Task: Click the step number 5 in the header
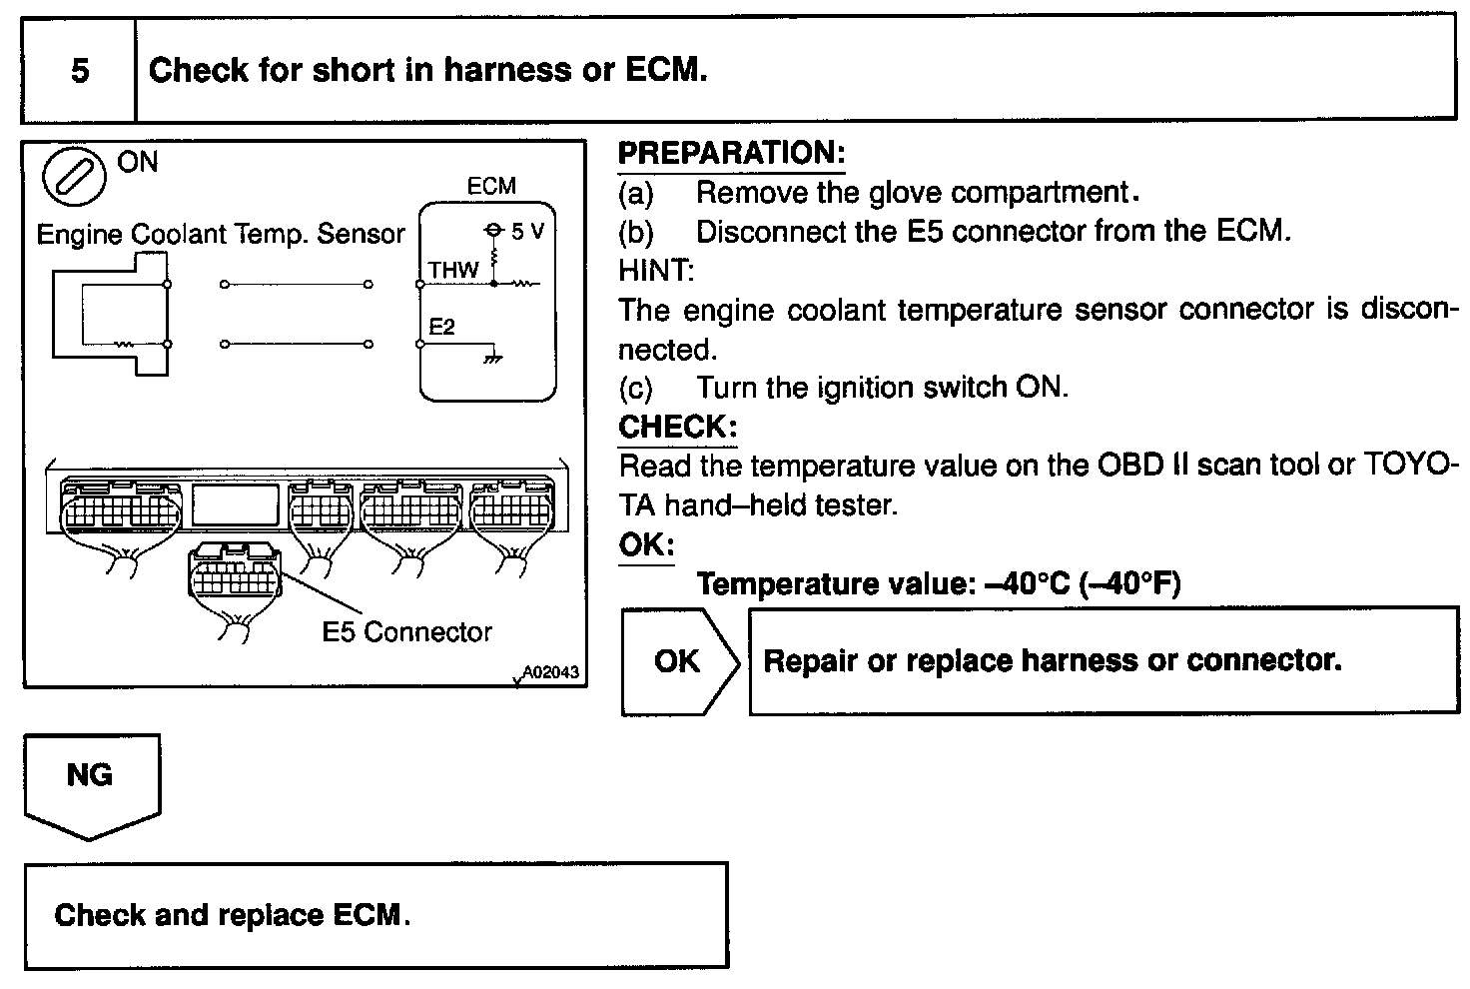pyautogui.click(x=80, y=71)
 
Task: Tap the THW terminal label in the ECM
pyautogui.click(x=453, y=270)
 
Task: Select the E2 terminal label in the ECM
pyautogui.click(x=441, y=328)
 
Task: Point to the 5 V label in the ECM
pyautogui.click(x=526, y=232)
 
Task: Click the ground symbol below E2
pyautogui.click(x=492, y=356)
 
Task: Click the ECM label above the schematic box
pyautogui.click(x=491, y=187)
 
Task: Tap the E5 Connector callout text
pyautogui.click(x=406, y=632)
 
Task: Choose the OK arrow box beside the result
pyautogui.click(x=679, y=661)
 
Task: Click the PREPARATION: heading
pyautogui.click(x=731, y=154)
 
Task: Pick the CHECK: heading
pyautogui.click(x=677, y=428)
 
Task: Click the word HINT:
pyautogui.click(x=656, y=270)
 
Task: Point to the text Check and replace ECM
pyautogui.click(x=232, y=915)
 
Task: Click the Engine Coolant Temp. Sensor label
pyautogui.click(x=221, y=235)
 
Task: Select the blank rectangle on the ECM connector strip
pyautogui.click(x=236, y=506)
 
